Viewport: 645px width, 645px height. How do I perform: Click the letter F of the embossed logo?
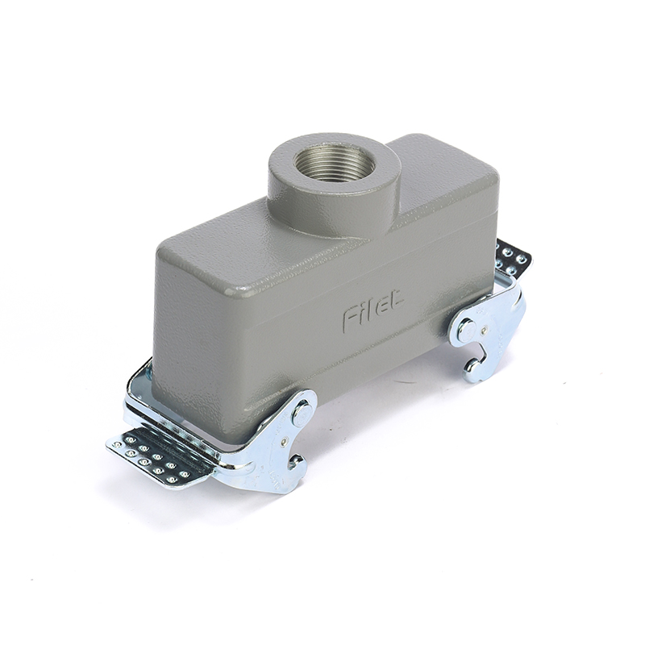[x=351, y=318]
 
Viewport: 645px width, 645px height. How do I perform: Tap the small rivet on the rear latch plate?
[x=487, y=328]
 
